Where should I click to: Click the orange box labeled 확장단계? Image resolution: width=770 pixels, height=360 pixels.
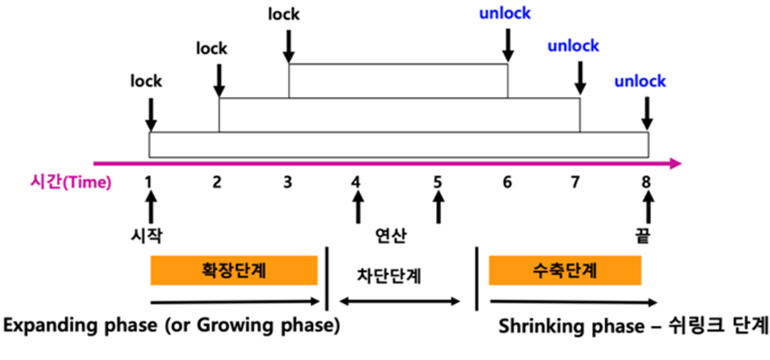(x=234, y=271)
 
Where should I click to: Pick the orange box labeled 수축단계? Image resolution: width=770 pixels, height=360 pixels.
(x=565, y=271)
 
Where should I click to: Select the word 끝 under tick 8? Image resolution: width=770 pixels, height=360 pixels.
(x=642, y=236)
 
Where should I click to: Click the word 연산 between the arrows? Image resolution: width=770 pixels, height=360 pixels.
(x=391, y=236)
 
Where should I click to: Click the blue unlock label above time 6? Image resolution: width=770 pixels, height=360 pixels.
(x=505, y=12)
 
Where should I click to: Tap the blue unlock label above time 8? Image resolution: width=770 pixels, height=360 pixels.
(x=639, y=80)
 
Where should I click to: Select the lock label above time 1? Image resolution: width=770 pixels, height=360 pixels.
(x=146, y=81)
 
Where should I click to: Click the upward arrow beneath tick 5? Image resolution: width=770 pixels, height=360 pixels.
(x=438, y=210)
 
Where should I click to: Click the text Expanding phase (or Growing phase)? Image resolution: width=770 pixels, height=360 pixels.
(x=171, y=325)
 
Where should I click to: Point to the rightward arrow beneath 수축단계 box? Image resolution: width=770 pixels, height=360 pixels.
(x=572, y=301)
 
